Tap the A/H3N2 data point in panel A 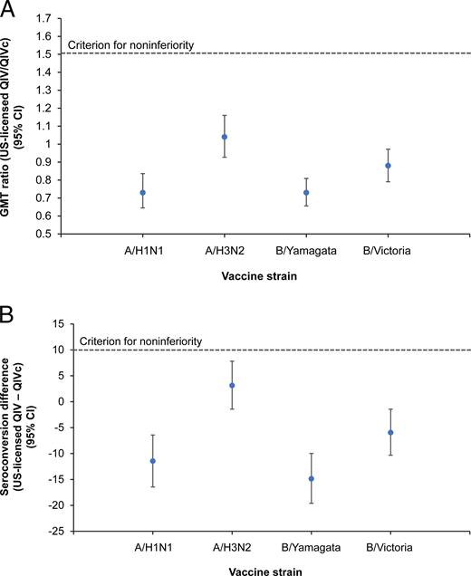pyautogui.click(x=225, y=137)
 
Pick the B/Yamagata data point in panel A pyautogui.click(x=306, y=193)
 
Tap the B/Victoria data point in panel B pyautogui.click(x=390, y=432)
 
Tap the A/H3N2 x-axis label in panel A pyautogui.click(x=225, y=251)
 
